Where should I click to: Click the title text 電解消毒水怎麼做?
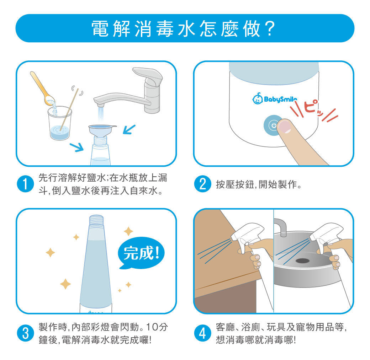[185, 28]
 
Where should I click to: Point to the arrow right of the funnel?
[128, 129]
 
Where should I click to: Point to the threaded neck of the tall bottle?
[96, 222]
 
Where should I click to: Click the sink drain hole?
[302, 260]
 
